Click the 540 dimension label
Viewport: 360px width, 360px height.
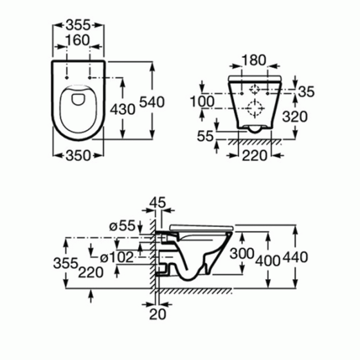152,102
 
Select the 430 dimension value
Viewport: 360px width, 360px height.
122,109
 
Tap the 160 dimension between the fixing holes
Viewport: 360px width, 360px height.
78,40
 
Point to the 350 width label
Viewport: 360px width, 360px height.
78,155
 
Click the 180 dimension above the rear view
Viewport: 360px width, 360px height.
254,60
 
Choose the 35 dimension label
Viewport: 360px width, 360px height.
306,92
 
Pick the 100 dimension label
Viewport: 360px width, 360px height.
202,101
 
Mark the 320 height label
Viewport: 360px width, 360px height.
295,117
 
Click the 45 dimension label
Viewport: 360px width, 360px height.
157,202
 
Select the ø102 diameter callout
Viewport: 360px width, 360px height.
117,257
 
